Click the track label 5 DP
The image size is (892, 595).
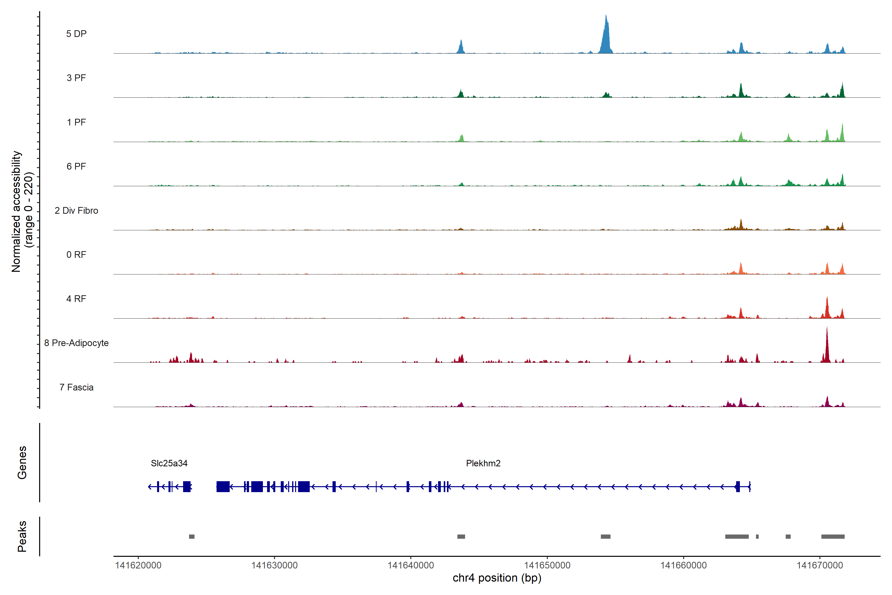click(x=76, y=34)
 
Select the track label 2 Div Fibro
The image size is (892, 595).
click(x=76, y=210)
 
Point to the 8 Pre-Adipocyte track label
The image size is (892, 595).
click(x=76, y=343)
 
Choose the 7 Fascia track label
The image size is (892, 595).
click(x=76, y=387)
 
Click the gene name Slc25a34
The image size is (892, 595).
click(x=169, y=463)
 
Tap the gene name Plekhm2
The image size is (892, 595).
click(x=483, y=463)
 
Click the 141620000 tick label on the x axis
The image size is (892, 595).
click(x=138, y=565)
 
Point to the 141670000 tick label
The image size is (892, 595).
click(x=820, y=565)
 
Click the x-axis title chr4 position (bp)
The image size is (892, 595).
click(x=497, y=578)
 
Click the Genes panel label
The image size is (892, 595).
click(x=22, y=463)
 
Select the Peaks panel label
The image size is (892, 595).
click(x=22, y=536)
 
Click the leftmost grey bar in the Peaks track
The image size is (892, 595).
click(x=192, y=536)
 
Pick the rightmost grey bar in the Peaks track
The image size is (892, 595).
click(x=833, y=536)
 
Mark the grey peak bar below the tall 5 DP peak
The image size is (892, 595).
click(x=606, y=536)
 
